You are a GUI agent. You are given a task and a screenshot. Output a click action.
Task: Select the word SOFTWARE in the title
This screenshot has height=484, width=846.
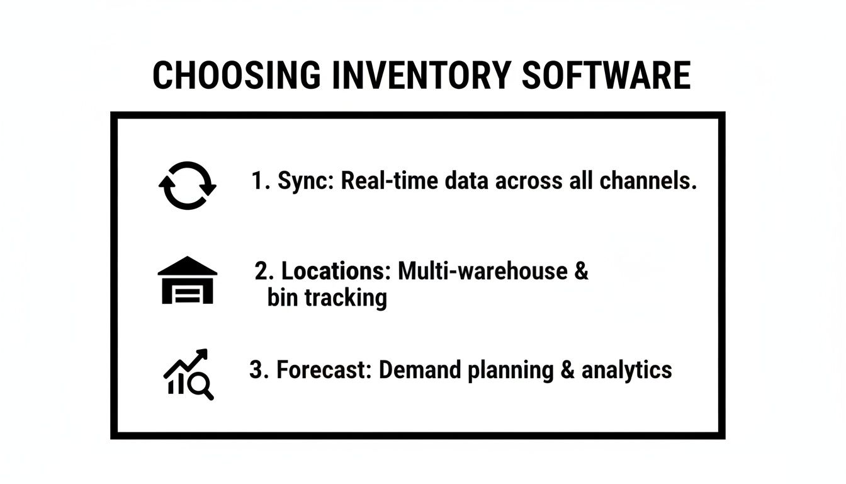(x=606, y=76)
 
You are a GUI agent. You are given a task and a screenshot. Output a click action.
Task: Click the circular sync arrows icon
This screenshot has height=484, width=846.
(x=187, y=185)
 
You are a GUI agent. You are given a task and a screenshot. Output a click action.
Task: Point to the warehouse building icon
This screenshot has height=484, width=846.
(x=187, y=280)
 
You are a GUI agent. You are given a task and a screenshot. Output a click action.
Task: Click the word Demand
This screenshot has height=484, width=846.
(x=422, y=369)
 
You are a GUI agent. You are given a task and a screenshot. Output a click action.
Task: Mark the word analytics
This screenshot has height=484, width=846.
(x=626, y=370)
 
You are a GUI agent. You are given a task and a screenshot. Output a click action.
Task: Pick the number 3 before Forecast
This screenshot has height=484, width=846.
(x=256, y=369)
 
